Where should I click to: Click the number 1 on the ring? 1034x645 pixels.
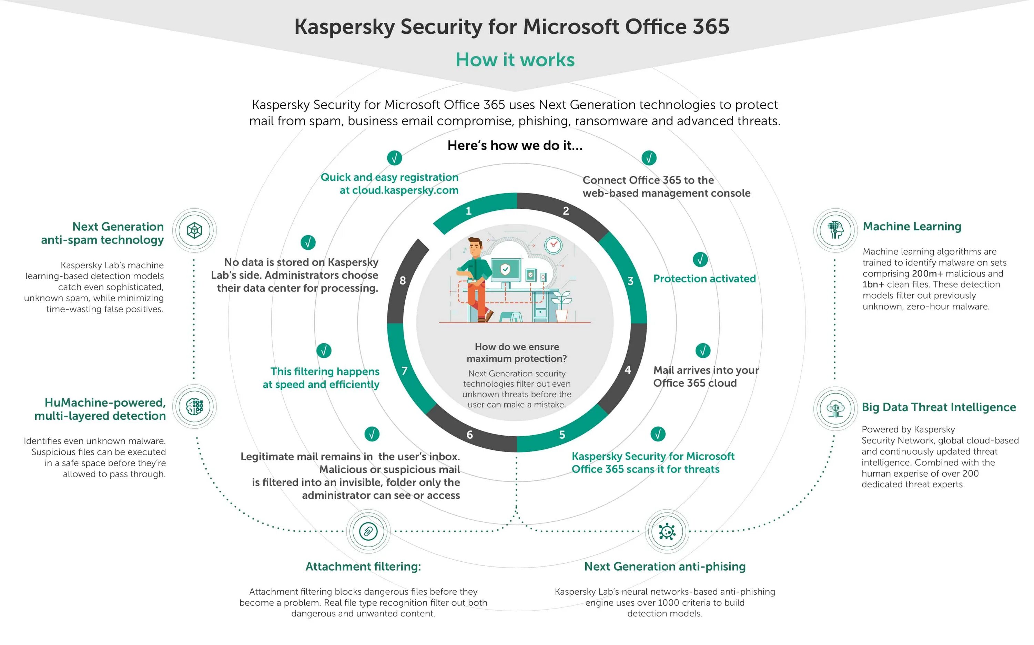[468, 211]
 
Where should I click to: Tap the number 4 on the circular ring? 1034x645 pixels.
[628, 370]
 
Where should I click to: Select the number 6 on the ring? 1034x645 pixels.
[470, 435]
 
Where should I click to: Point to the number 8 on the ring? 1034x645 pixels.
[403, 281]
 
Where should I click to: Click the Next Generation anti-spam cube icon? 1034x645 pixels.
[195, 230]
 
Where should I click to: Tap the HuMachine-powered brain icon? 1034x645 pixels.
[195, 407]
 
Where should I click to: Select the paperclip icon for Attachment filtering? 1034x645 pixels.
[368, 531]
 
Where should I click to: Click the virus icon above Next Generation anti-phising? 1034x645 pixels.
[667, 531]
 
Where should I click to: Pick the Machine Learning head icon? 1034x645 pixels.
[835, 230]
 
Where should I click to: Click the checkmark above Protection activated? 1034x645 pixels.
[700, 259]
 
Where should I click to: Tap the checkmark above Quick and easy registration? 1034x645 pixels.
[395, 158]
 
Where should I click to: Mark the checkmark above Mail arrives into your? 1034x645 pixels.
[703, 351]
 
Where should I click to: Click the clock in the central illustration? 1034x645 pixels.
[553, 245]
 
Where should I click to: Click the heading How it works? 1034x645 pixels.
[515, 60]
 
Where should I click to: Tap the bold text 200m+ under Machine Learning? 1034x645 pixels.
[927, 274]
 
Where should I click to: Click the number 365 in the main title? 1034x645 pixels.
[711, 27]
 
